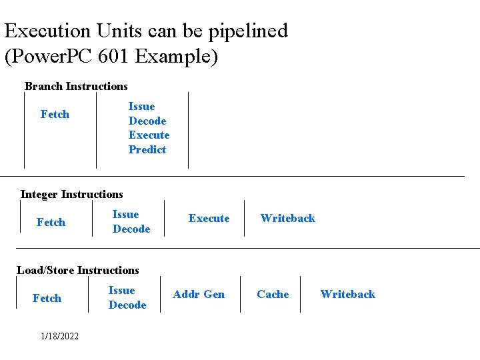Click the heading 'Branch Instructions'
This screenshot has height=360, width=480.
tap(76, 86)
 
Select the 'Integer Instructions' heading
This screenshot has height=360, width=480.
tap(72, 194)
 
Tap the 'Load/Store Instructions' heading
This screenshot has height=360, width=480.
tap(78, 270)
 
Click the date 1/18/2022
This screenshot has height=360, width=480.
tap(59, 336)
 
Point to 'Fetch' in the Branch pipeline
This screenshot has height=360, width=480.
tap(55, 114)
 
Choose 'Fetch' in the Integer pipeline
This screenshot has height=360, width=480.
tap(51, 222)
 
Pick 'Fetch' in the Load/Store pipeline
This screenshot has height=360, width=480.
tap(47, 298)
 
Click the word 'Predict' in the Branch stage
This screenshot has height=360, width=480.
tap(147, 149)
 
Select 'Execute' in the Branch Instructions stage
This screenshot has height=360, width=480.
tap(149, 135)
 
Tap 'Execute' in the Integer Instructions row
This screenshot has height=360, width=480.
tap(209, 218)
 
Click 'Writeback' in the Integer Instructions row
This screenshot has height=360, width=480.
tap(287, 218)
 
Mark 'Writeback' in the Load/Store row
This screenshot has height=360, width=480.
tap(347, 294)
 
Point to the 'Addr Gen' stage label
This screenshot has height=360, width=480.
tap(199, 294)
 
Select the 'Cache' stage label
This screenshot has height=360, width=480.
tap(273, 294)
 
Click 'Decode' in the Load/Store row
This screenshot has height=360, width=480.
tap(127, 305)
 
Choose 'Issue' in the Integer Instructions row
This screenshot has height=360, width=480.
tap(125, 214)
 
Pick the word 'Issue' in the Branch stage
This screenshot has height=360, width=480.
tap(141, 106)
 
